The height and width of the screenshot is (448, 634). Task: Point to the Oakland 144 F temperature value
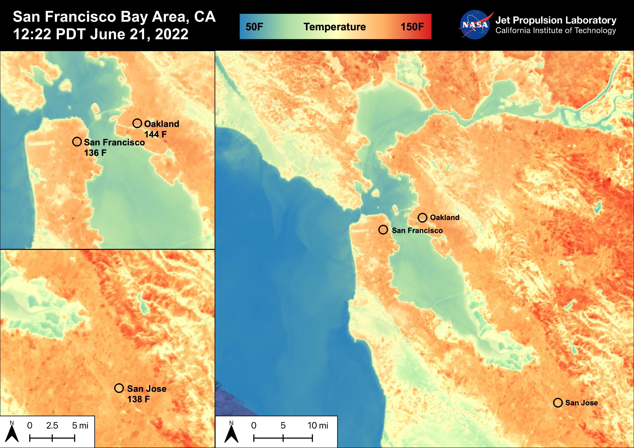pos(155,134)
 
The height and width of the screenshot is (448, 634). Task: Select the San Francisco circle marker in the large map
pos(383,230)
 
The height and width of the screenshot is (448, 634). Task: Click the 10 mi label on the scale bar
pos(318,425)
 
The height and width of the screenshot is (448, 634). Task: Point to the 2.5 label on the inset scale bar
pos(52,425)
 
